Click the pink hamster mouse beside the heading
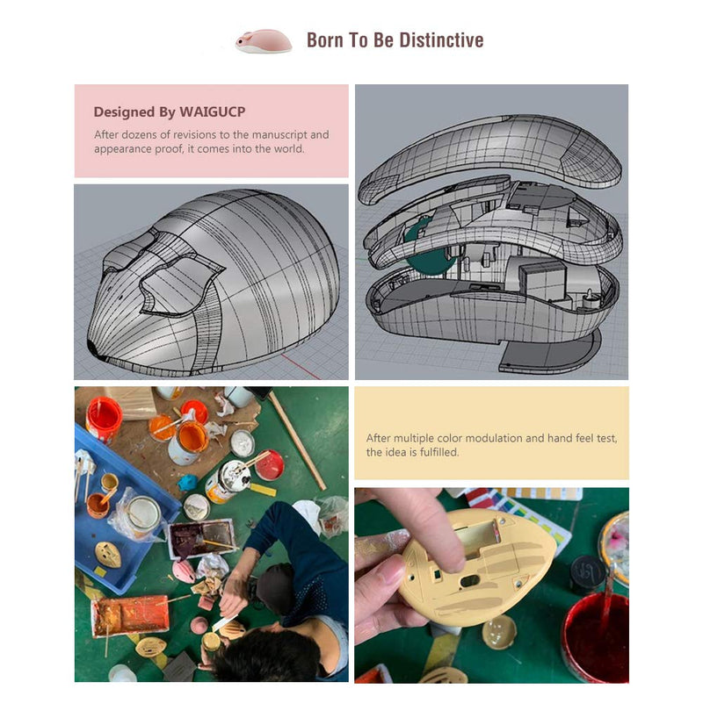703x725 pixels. [264, 41]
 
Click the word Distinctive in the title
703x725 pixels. [441, 40]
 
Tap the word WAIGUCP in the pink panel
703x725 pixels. [213, 111]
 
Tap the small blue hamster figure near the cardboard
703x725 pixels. [187, 482]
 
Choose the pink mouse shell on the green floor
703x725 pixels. [185, 571]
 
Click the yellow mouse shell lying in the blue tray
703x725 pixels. [108, 555]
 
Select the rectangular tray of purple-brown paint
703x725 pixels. [202, 537]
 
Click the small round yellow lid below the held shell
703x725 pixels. [500, 631]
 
